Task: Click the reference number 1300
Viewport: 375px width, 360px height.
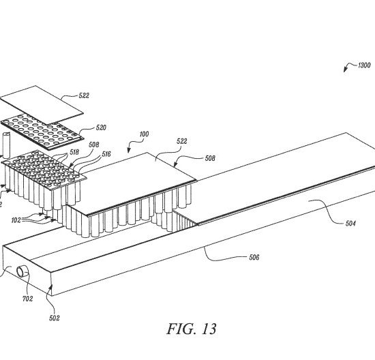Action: coord(364,65)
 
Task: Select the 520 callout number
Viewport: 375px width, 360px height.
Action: coord(101,127)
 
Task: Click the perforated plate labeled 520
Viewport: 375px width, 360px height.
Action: coord(42,132)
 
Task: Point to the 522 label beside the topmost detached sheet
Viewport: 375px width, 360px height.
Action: coord(84,95)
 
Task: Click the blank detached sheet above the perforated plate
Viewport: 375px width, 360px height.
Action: coord(41,105)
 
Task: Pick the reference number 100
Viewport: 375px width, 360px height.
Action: coord(144,134)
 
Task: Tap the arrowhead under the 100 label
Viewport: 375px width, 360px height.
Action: coord(129,150)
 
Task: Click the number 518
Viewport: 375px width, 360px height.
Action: coord(74,152)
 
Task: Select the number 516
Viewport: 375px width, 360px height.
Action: coord(106,154)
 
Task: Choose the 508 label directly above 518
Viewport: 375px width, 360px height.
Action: coord(94,145)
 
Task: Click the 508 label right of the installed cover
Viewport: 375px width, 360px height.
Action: coord(210,158)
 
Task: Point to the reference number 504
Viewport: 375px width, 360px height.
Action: coord(350,224)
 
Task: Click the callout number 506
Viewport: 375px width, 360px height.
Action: coord(254,257)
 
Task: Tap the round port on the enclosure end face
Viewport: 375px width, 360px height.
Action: coord(22,271)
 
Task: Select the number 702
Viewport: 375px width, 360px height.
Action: coord(27,299)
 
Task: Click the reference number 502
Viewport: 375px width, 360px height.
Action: coord(55,318)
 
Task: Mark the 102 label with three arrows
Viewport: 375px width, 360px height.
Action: coord(16,220)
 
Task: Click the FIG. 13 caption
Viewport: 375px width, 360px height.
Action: coord(192,329)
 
